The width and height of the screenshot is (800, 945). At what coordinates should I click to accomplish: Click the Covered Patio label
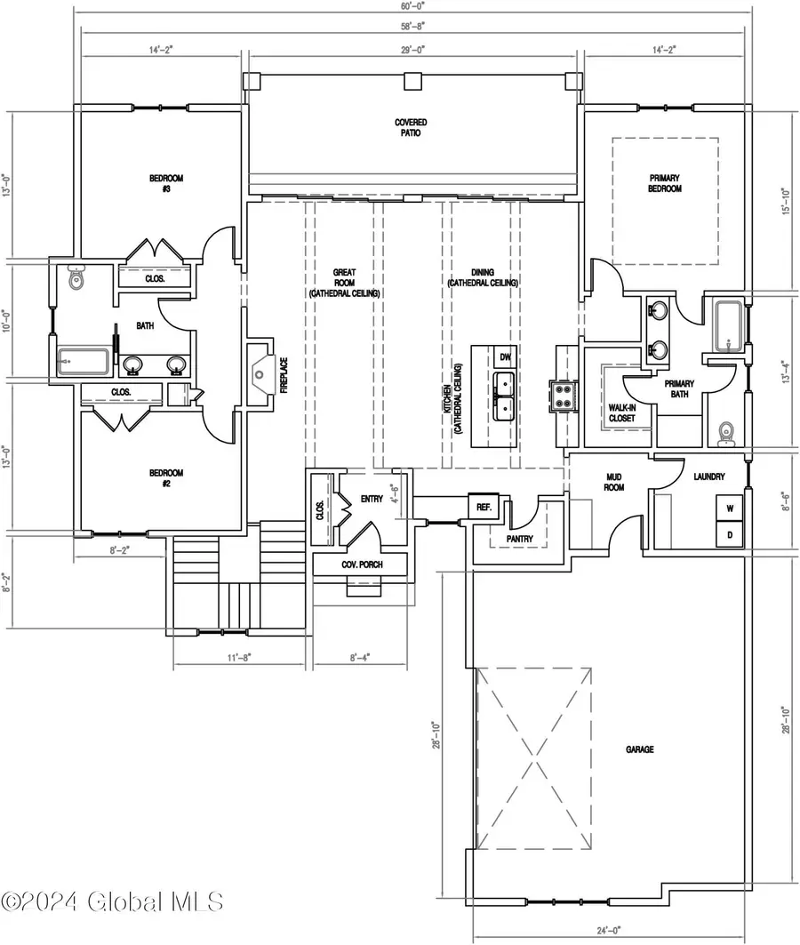tap(408, 127)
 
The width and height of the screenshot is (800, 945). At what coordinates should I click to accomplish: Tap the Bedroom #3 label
tap(165, 183)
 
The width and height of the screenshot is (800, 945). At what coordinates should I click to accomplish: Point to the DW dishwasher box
tap(505, 356)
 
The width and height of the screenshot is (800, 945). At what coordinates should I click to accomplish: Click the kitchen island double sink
tap(505, 396)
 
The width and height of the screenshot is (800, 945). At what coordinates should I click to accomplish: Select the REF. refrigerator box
tap(484, 507)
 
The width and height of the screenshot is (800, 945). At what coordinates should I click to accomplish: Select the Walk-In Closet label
tap(620, 412)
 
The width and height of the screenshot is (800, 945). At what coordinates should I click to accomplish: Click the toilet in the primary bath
tap(725, 433)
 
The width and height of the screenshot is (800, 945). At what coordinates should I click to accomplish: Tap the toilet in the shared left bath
tap(76, 279)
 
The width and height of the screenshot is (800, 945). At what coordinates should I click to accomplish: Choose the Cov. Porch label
tap(362, 565)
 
